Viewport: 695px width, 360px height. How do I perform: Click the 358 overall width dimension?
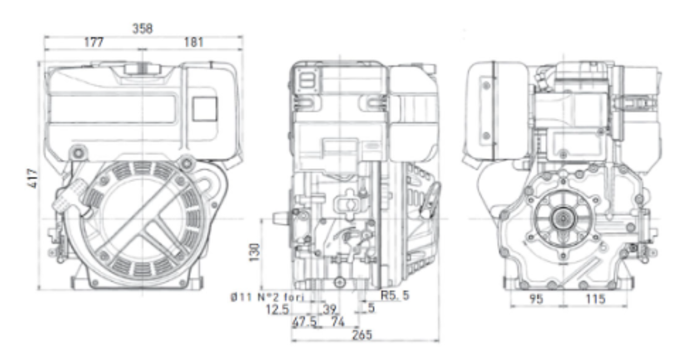(143, 29)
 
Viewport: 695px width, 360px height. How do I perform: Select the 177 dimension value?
(94, 43)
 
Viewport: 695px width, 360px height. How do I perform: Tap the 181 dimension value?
(194, 43)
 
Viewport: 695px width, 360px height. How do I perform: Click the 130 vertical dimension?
(254, 253)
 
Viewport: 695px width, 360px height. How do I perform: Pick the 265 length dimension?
(362, 335)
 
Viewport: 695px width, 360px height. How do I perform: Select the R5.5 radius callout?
(395, 296)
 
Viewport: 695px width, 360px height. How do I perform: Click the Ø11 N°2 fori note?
(267, 297)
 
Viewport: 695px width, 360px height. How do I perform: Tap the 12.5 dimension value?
(278, 309)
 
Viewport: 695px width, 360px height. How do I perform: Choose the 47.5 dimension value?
(305, 322)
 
